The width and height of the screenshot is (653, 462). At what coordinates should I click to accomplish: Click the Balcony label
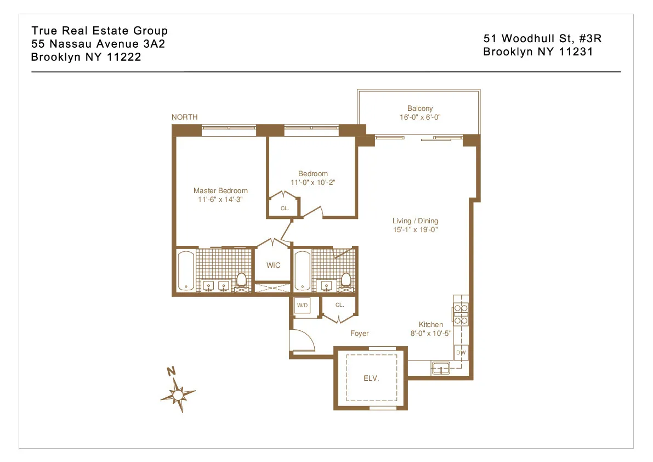coord(419,109)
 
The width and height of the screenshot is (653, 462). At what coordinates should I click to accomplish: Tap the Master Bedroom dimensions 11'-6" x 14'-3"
coord(220,200)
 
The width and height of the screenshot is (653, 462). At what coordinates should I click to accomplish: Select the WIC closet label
coord(273,265)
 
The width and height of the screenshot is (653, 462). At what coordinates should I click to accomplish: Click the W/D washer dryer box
coord(302,306)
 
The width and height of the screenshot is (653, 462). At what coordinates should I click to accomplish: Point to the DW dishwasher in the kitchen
coord(461,353)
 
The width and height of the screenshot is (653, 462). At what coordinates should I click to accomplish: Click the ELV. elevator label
coord(372,378)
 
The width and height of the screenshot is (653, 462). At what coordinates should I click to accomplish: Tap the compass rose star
coord(178,393)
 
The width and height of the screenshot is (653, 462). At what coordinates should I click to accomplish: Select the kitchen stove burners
coord(461,314)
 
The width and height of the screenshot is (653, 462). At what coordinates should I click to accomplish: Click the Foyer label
coord(359,333)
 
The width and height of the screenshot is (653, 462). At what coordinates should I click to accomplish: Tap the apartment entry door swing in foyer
coord(302,340)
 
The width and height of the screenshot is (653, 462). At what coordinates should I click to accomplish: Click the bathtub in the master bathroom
coord(185,271)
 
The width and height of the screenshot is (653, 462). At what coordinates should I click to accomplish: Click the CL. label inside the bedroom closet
coord(285,209)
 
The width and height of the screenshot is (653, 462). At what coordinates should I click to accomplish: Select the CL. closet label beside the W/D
coord(339,305)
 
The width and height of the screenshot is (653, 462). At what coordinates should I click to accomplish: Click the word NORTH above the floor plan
coord(184,117)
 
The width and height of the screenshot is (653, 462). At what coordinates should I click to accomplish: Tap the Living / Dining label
coord(415,221)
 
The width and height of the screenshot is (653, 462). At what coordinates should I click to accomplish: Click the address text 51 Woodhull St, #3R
coord(542,38)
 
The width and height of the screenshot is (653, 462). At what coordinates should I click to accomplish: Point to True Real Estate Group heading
coord(99,31)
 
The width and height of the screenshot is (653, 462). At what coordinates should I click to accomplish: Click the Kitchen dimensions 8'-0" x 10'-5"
coord(430,333)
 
